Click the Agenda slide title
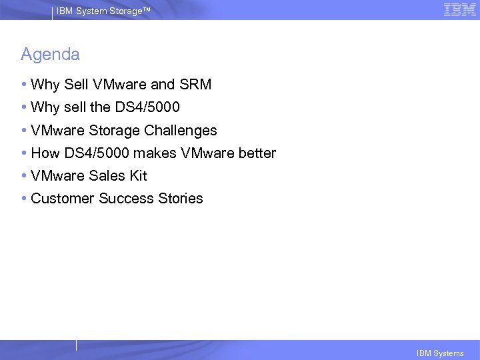pos(50,54)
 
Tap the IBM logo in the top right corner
pos(459,9)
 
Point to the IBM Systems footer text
pos(439,353)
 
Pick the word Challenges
pos(181,131)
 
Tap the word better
pos(257,153)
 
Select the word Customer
pos(63,199)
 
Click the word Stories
pos(181,199)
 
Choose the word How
pos(45,153)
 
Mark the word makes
pos(155,153)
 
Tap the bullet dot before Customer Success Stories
pos(24,199)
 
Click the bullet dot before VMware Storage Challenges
pos(24,131)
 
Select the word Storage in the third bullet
pos(114,131)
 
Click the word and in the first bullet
pos(163,85)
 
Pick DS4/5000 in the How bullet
pos(97,153)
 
